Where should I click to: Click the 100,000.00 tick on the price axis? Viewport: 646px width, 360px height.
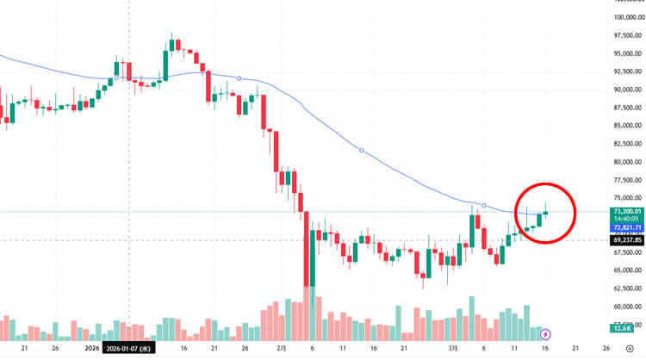[624, 16]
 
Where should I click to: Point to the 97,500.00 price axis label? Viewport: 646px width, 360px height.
[625, 35]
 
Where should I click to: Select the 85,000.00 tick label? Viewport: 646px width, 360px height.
[625, 126]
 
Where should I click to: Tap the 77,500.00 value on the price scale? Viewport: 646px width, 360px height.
[625, 180]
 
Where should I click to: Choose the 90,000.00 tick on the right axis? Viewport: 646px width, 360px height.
[625, 90]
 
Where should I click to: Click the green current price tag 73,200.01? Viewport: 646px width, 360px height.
[624, 211]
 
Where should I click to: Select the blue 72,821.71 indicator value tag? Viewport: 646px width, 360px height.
[624, 227]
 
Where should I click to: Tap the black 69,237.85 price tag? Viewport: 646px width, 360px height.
[624, 240]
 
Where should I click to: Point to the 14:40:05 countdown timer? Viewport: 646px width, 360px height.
[624, 219]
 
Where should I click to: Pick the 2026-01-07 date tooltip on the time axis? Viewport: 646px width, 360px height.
[129, 349]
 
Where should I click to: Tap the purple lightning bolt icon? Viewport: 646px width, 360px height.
[545, 333]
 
